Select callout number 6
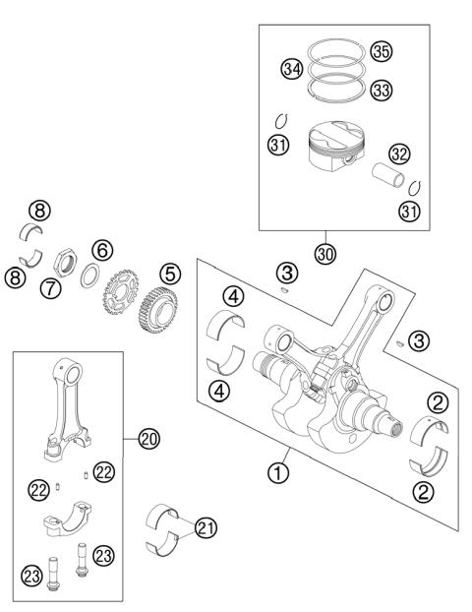click(101, 251)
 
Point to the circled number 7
click(51, 288)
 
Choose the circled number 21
click(205, 528)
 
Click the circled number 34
click(291, 69)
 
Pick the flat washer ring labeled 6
click(89, 275)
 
